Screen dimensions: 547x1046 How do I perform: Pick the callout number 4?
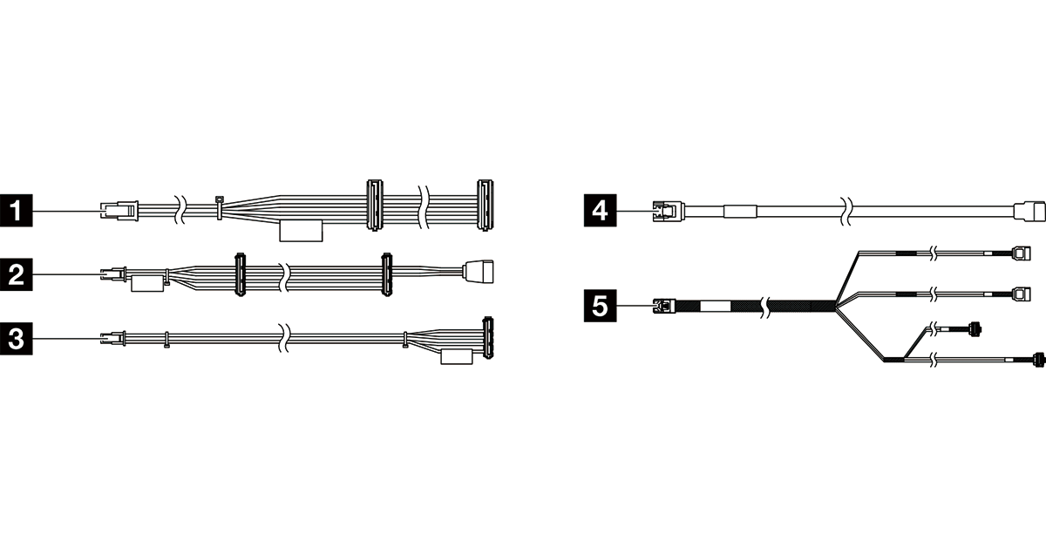[599, 210]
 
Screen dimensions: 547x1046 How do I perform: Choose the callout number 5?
[599, 306]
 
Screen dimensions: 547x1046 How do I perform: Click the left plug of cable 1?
[119, 210]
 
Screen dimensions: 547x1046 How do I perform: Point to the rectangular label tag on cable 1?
[301, 231]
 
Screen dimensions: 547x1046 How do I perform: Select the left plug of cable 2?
[114, 273]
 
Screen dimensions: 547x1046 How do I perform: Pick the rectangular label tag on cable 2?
[147, 284]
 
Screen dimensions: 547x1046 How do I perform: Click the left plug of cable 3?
[113, 336]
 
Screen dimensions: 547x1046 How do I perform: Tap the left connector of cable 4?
[668, 210]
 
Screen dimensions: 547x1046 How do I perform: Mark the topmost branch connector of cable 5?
[1022, 253]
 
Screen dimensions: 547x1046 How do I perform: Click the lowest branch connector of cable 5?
[1038, 358]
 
